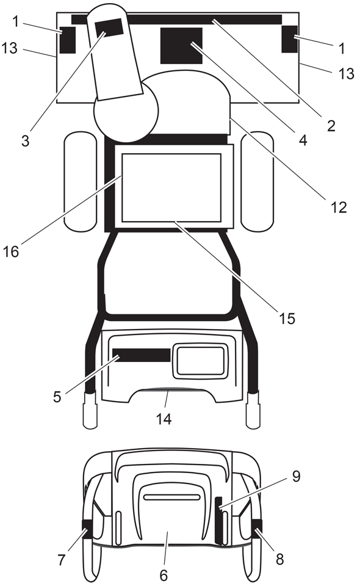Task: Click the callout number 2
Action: pyautogui.click(x=331, y=126)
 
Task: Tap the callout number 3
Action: pyautogui.click(x=25, y=141)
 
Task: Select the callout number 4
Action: pyautogui.click(x=303, y=140)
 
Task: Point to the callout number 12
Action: pyautogui.click(x=339, y=207)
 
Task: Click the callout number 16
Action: pyautogui.click(x=11, y=251)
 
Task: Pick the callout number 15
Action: pyautogui.click(x=287, y=319)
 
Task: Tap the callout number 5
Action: pyautogui.click(x=57, y=397)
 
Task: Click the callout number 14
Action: pyautogui.click(x=164, y=419)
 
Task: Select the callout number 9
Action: pyautogui.click(x=296, y=476)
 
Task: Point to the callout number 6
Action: pyautogui.click(x=164, y=575)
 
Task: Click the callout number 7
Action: pyautogui.click(x=62, y=560)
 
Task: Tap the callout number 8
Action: pyautogui.click(x=279, y=559)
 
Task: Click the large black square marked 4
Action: pyautogui.click(x=181, y=46)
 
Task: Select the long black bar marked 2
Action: pyautogui.click(x=176, y=20)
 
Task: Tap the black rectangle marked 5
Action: pyautogui.click(x=142, y=355)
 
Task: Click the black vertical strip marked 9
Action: pyautogui.click(x=218, y=520)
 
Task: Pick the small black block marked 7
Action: pyautogui.click(x=87, y=529)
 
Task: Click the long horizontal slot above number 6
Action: pyautogui.click(x=172, y=497)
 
